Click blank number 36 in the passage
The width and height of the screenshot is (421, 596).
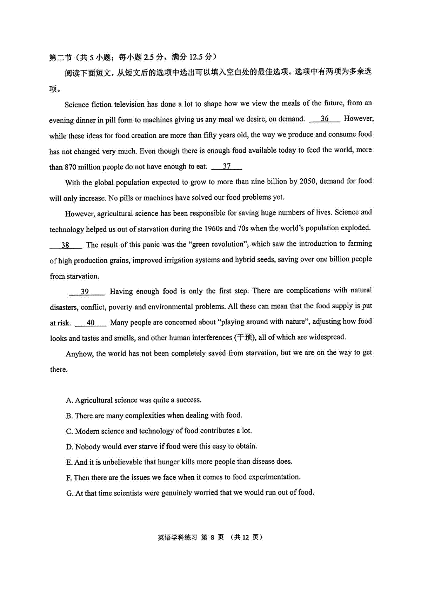click(x=325, y=119)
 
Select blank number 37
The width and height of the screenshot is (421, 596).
click(x=227, y=166)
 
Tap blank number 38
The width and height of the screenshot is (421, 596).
click(x=66, y=245)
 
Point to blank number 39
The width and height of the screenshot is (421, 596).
click(x=85, y=291)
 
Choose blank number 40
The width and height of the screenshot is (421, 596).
click(x=91, y=322)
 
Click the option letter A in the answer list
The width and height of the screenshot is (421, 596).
click(x=69, y=400)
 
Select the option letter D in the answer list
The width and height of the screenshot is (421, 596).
click(x=69, y=447)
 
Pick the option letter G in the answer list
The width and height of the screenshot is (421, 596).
click(x=69, y=493)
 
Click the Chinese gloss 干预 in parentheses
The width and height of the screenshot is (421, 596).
click(x=245, y=338)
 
